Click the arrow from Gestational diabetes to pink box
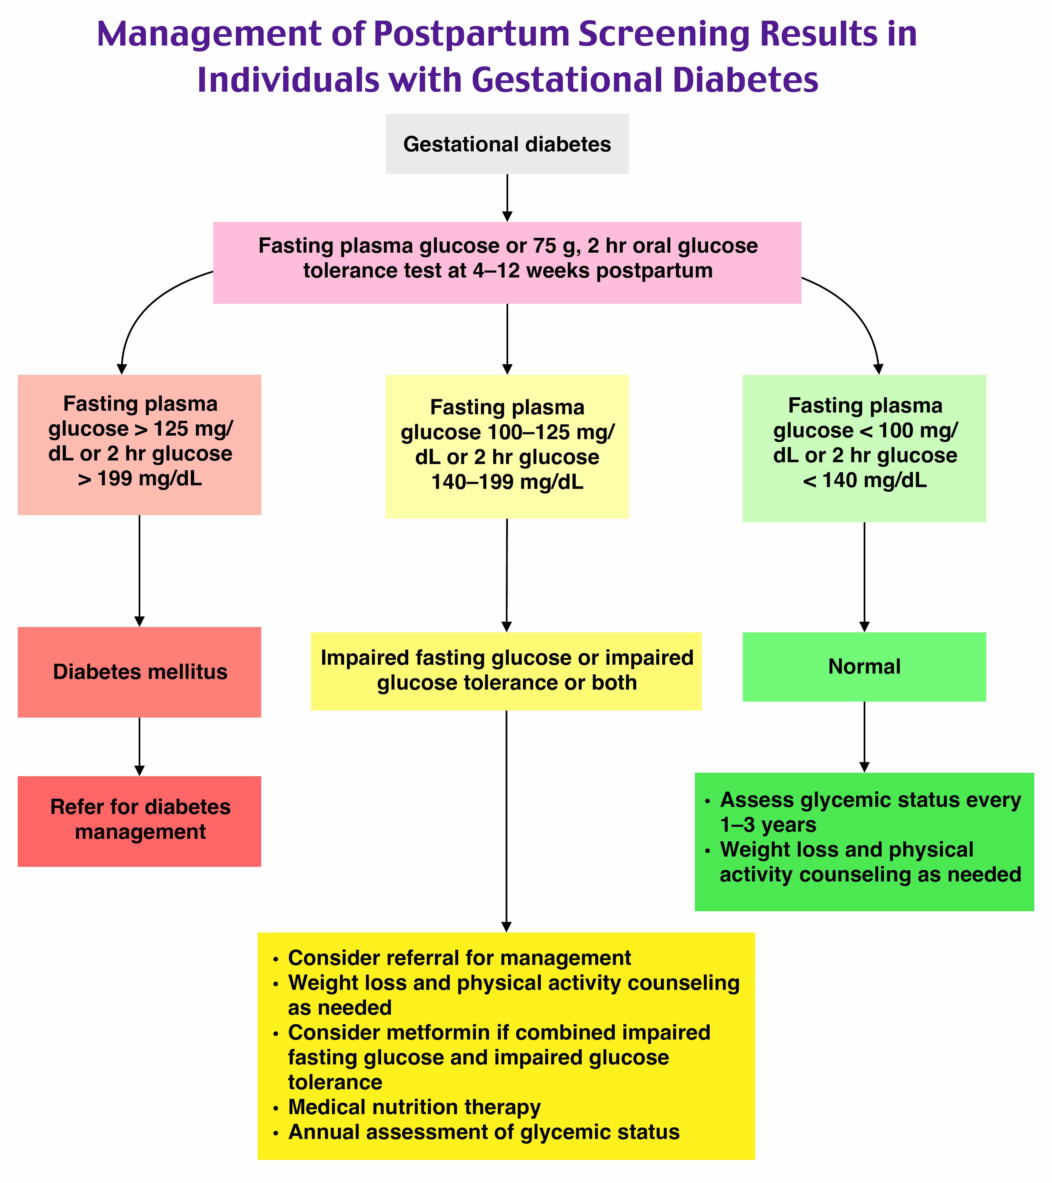(x=507, y=197)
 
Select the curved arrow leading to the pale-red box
(x=145, y=307)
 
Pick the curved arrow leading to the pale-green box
(x=857, y=313)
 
